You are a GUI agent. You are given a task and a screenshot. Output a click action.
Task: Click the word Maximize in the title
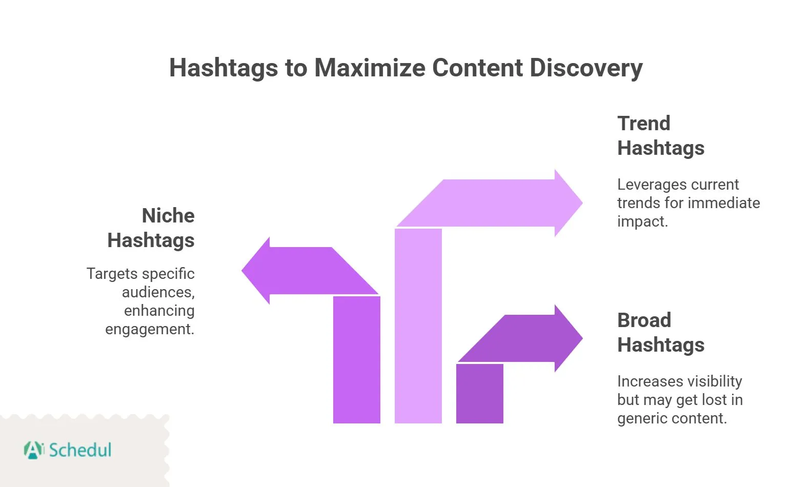(x=369, y=68)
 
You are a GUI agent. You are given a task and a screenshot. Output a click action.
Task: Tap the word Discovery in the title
(x=586, y=68)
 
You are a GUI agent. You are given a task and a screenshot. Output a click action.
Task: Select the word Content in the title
(x=477, y=68)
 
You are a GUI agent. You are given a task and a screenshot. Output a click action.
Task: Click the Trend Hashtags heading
(x=660, y=135)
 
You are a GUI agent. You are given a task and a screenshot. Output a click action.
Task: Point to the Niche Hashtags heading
(x=151, y=228)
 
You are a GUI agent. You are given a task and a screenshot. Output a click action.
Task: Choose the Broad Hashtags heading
(x=660, y=332)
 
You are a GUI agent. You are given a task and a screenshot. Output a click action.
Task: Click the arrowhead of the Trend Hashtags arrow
(x=568, y=203)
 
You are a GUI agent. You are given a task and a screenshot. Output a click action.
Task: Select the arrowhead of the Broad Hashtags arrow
(x=568, y=338)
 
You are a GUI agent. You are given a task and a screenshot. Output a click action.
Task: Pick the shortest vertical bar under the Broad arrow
(x=479, y=393)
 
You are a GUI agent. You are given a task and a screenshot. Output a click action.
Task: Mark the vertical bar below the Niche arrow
(x=356, y=359)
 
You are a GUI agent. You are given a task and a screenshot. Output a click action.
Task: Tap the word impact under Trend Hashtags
(x=641, y=221)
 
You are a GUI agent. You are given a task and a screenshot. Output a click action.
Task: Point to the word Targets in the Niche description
(x=112, y=274)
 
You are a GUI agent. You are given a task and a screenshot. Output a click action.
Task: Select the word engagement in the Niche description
(x=149, y=329)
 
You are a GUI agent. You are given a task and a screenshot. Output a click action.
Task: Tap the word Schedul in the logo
(x=80, y=450)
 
